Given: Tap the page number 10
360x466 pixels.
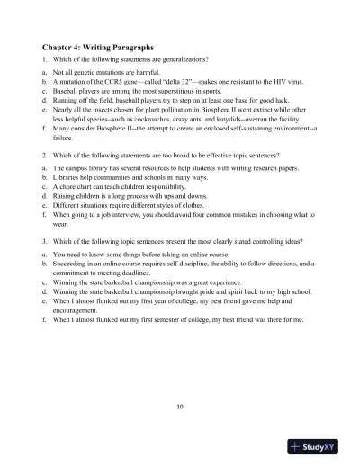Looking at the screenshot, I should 180,406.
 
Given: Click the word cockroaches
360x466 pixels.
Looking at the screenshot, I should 154,117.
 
